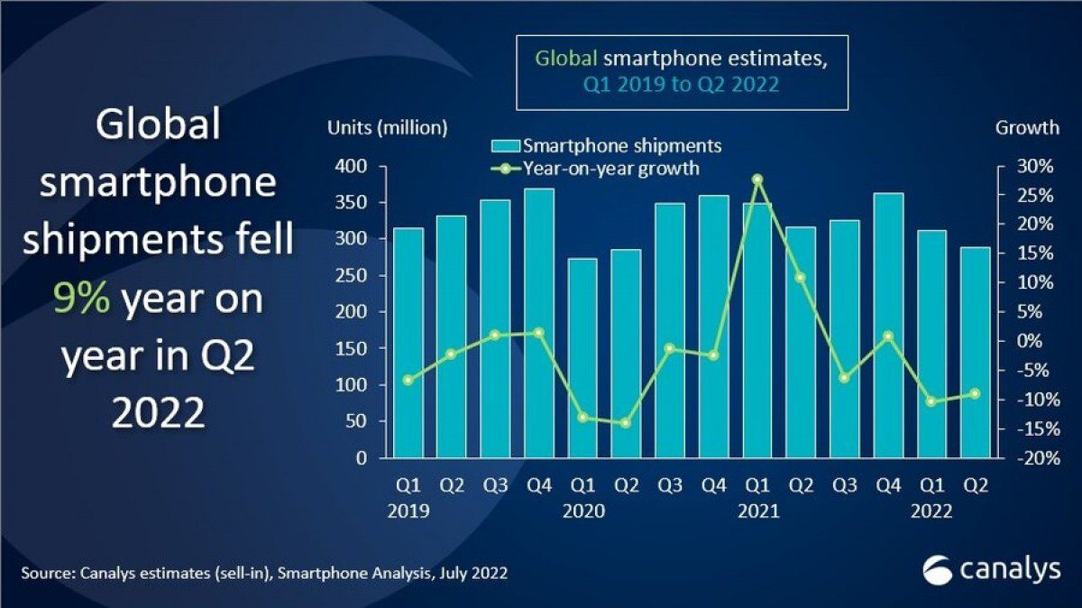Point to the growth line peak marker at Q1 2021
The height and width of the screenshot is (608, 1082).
pyautogui.click(x=757, y=180)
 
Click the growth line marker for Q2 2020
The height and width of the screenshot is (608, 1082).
pyautogui.click(x=626, y=423)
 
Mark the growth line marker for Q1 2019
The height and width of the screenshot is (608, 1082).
pyautogui.click(x=408, y=380)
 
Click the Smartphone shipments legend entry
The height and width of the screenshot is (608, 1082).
pyautogui.click(x=605, y=146)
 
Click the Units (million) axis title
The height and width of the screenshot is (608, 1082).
pyautogui.click(x=387, y=128)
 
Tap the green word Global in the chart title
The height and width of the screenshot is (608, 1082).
pyautogui.click(x=565, y=59)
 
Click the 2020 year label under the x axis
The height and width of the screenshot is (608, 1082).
pyautogui.click(x=582, y=511)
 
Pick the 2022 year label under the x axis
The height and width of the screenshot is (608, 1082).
pyautogui.click(x=931, y=511)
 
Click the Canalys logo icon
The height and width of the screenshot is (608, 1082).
pyautogui.click(x=938, y=571)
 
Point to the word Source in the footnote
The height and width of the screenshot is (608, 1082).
pyautogui.click(x=48, y=573)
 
